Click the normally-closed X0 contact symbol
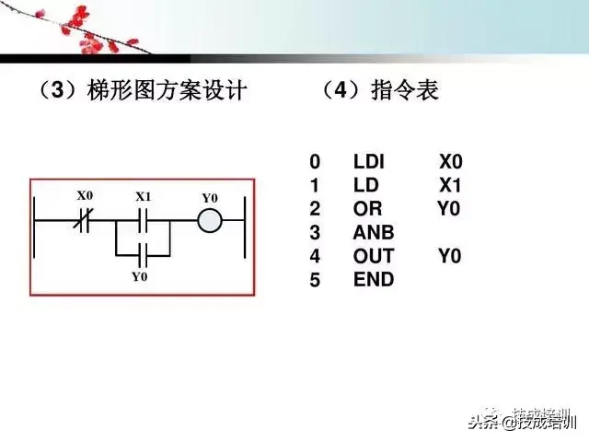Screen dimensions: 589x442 (86, 222)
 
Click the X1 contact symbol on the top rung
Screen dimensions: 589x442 (144, 222)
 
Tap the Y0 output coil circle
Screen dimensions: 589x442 (210, 222)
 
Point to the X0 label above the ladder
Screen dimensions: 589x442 (85, 196)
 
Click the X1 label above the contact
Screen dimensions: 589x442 (144, 197)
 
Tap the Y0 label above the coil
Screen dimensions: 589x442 (210, 198)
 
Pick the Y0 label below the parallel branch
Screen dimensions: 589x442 (139, 276)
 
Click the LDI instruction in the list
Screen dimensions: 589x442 (368, 163)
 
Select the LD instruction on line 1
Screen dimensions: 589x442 (365, 186)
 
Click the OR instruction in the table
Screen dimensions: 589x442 (367, 209)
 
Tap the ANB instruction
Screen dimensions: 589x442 (373, 233)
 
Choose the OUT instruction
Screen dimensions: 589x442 (374, 256)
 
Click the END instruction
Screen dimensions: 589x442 (373, 279)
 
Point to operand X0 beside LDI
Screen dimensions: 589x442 (451, 163)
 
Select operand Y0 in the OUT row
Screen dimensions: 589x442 (449, 256)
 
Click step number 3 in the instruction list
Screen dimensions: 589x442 (315, 233)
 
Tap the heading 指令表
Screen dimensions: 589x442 (405, 90)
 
